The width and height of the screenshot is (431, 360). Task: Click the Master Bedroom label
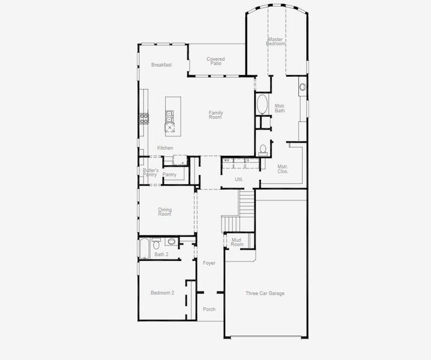(x=276, y=41)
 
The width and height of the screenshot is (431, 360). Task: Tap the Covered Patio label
(x=216, y=61)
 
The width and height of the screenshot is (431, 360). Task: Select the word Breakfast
(x=161, y=65)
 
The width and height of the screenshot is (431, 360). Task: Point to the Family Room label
(x=216, y=115)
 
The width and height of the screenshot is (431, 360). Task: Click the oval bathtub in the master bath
(x=263, y=105)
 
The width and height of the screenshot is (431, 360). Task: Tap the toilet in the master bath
(x=263, y=149)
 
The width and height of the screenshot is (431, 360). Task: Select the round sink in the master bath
(x=303, y=87)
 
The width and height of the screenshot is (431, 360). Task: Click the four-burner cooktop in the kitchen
(x=145, y=118)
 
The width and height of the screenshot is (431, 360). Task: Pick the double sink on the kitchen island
(x=170, y=113)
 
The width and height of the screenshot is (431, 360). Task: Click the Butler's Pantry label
(x=150, y=173)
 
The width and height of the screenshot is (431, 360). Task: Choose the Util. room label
(x=238, y=179)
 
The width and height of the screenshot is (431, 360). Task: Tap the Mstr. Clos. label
(x=283, y=169)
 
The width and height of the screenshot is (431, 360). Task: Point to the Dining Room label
(x=165, y=212)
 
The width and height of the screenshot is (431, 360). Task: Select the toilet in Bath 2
(x=157, y=243)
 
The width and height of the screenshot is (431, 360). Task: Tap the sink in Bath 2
(x=171, y=242)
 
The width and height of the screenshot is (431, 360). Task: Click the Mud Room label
(x=238, y=242)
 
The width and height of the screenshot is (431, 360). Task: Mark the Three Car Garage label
(x=265, y=293)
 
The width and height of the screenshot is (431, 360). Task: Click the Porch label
(x=209, y=310)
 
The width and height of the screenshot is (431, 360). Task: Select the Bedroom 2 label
(x=162, y=293)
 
